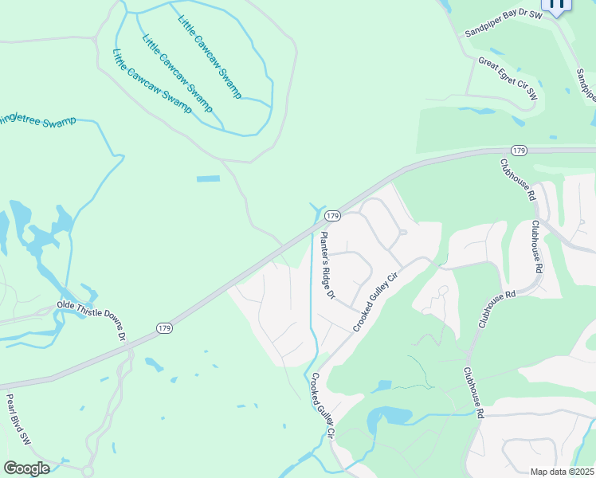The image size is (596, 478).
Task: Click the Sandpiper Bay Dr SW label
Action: (x=503, y=22)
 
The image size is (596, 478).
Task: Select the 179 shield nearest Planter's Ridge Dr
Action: (x=333, y=216)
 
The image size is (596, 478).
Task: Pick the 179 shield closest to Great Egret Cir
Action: (x=519, y=151)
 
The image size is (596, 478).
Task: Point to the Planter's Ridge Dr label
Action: (x=327, y=265)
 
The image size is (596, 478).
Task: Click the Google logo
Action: (x=26, y=468)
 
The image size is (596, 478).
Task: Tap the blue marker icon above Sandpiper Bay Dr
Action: (x=557, y=5)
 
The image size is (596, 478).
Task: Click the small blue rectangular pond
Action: (x=208, y=178)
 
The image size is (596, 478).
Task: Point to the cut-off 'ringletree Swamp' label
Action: (x=37, y=121)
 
